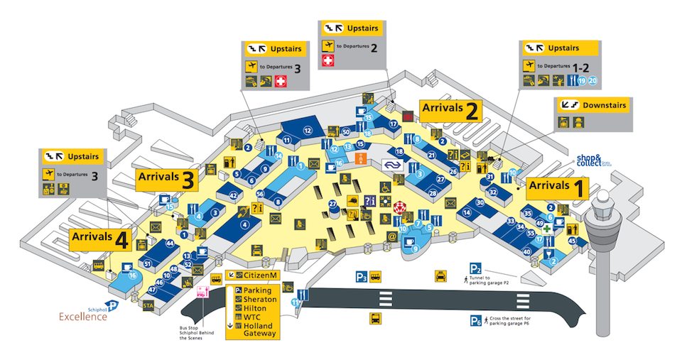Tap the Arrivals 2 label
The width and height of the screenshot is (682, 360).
[x=450, y=109]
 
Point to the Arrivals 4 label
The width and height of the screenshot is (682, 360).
[x=99, y=239]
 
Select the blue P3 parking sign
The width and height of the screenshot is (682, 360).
[x=362, y=277]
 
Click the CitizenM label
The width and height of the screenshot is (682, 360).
[x=251, y=275]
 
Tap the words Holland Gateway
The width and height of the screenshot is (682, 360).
[x=260, y=329]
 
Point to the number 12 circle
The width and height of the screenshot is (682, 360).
[x=308, y=131]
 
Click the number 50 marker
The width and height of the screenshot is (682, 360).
[x=346, y=131]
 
